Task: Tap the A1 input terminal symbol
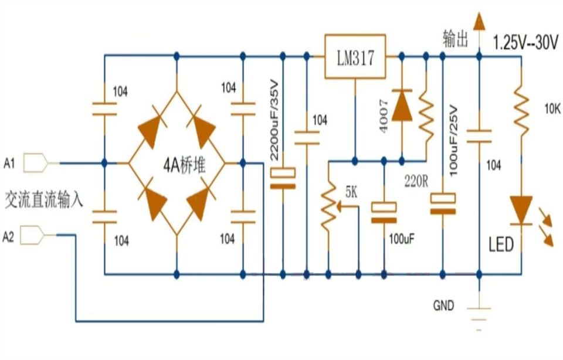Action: tap(36, 163)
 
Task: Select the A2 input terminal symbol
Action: tap(32, 235)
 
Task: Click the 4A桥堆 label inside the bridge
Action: tap(185, 166)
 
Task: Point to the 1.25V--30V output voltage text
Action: tap(525, 42)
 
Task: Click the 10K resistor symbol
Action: tap(521, 111)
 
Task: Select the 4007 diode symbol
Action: tap(402, 105)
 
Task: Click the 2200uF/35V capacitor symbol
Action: tap(283, 178)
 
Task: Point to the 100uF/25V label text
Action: tap(453, 140)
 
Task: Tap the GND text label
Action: tap(443, 305)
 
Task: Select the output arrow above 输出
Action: tap(479, 22)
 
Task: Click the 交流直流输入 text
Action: tap(44, 199)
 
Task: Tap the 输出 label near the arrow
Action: tap(456, 39)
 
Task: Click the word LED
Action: tap(501, 244)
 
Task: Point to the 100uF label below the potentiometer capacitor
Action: tap(402, 239)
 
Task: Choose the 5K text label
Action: tap(351, 192)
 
